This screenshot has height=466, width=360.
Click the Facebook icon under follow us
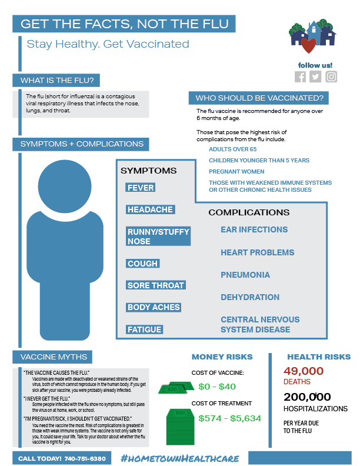coord(301,77)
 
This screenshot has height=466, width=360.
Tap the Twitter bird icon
coord(316,77)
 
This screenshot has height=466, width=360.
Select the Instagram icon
coord(331,77)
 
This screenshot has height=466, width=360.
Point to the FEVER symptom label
coord(141,188)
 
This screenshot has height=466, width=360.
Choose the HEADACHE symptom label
coord(150,209)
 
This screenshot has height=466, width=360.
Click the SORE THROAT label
coord(156,285)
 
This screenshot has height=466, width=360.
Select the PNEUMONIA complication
coord(245,275)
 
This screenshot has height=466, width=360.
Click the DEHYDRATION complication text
coord(250,297)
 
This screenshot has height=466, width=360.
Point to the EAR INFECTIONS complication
coord(254,229)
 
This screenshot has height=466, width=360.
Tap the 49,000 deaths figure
coord(304,371)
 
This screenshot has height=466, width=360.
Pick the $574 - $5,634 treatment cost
coord(229,418)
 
